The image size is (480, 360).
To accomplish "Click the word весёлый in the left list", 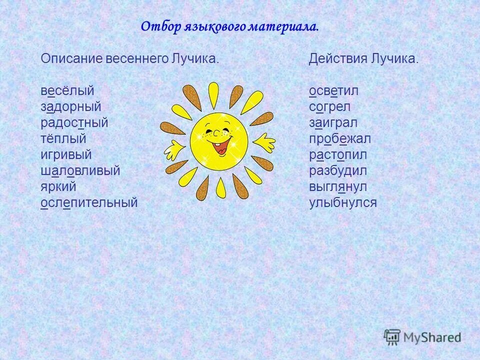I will (67, 91).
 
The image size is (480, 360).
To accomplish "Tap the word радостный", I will (74, 123).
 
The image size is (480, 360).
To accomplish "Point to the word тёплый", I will (63, 139).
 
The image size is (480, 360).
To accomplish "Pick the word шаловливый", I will (80, 171).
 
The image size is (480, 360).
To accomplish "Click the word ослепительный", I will (88, 203).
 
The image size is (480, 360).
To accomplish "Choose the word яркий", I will (58, 187).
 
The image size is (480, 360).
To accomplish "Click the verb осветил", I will (333, 91).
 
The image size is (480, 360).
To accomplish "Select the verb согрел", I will (329, 107).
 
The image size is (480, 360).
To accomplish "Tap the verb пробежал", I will (339, 139).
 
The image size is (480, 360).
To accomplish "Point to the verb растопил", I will (337, 155).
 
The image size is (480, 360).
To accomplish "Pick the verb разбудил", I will (337, 171).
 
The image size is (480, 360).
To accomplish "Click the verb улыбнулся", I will (342, 203).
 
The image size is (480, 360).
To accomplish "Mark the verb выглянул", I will (337, 187).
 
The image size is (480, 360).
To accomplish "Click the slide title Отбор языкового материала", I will (229, 26).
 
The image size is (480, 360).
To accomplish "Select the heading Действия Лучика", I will (363, 58).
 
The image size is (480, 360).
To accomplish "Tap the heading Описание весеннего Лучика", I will (130, 58).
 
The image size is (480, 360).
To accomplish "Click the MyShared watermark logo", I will (422, 336).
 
